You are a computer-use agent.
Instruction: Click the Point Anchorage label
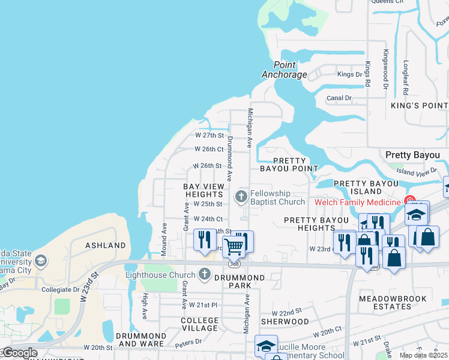[285, 70]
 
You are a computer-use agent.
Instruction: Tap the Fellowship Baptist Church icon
[241, 197]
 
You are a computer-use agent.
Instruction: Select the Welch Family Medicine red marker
[410, 200]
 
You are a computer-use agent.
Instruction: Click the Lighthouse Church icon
[205, 275]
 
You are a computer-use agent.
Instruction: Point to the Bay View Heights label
[204, 191]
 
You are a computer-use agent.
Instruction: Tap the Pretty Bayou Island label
[366, 187]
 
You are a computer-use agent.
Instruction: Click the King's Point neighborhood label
[419, 106]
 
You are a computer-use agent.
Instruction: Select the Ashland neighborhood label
[106, 245]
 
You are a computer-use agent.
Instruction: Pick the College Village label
[200, 325]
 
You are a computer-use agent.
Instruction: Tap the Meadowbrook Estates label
[393, 302]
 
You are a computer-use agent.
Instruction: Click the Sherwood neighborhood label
[289, 322]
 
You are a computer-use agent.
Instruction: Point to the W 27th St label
[209, 135]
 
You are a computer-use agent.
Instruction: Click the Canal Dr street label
[339, 98]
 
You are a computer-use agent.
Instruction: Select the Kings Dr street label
[350, 74]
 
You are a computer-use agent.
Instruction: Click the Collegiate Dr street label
[60, 289]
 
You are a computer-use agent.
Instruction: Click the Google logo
[20, 353]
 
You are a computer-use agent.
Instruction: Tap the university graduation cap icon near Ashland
[40, 261]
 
